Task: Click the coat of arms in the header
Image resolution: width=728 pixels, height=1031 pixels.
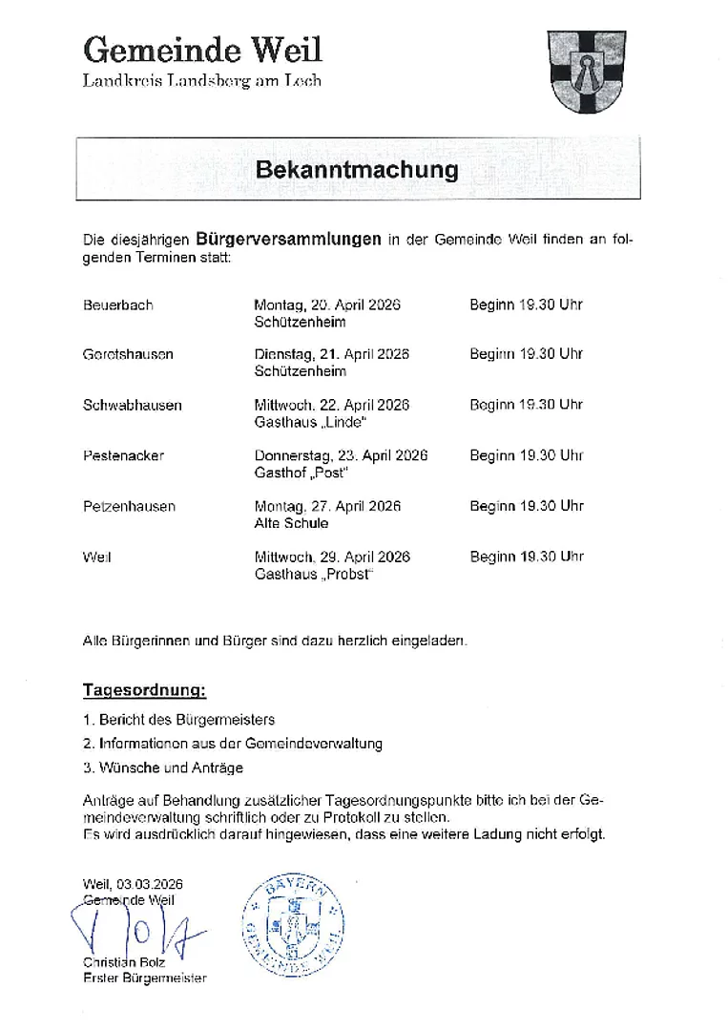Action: [x=586, y=71]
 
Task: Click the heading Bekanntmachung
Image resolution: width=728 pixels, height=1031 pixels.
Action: [x=357, y=171]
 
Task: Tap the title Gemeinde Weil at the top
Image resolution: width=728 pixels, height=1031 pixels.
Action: [x=202, y=48]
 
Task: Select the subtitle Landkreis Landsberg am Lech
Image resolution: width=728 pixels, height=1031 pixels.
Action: [x=202, y=81]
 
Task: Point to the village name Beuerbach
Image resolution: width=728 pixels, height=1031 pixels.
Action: [x=118, y=305]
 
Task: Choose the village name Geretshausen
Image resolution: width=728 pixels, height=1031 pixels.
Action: [x=129, y=354]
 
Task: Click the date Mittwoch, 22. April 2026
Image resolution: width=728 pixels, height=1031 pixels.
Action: [x=332, y=405]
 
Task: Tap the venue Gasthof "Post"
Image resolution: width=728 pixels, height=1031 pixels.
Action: [x=302, y=473]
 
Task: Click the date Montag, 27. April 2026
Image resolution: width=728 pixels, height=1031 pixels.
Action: [x=327, y=506]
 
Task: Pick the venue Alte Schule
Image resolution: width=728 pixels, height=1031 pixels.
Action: [x=291, y=523]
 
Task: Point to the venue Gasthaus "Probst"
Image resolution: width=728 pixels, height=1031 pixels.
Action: [x=313, y=574]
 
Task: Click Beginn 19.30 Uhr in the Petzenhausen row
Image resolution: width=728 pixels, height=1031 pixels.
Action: [x=526, y=506]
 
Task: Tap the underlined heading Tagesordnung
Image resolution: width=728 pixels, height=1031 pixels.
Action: [x=144, y=689]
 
